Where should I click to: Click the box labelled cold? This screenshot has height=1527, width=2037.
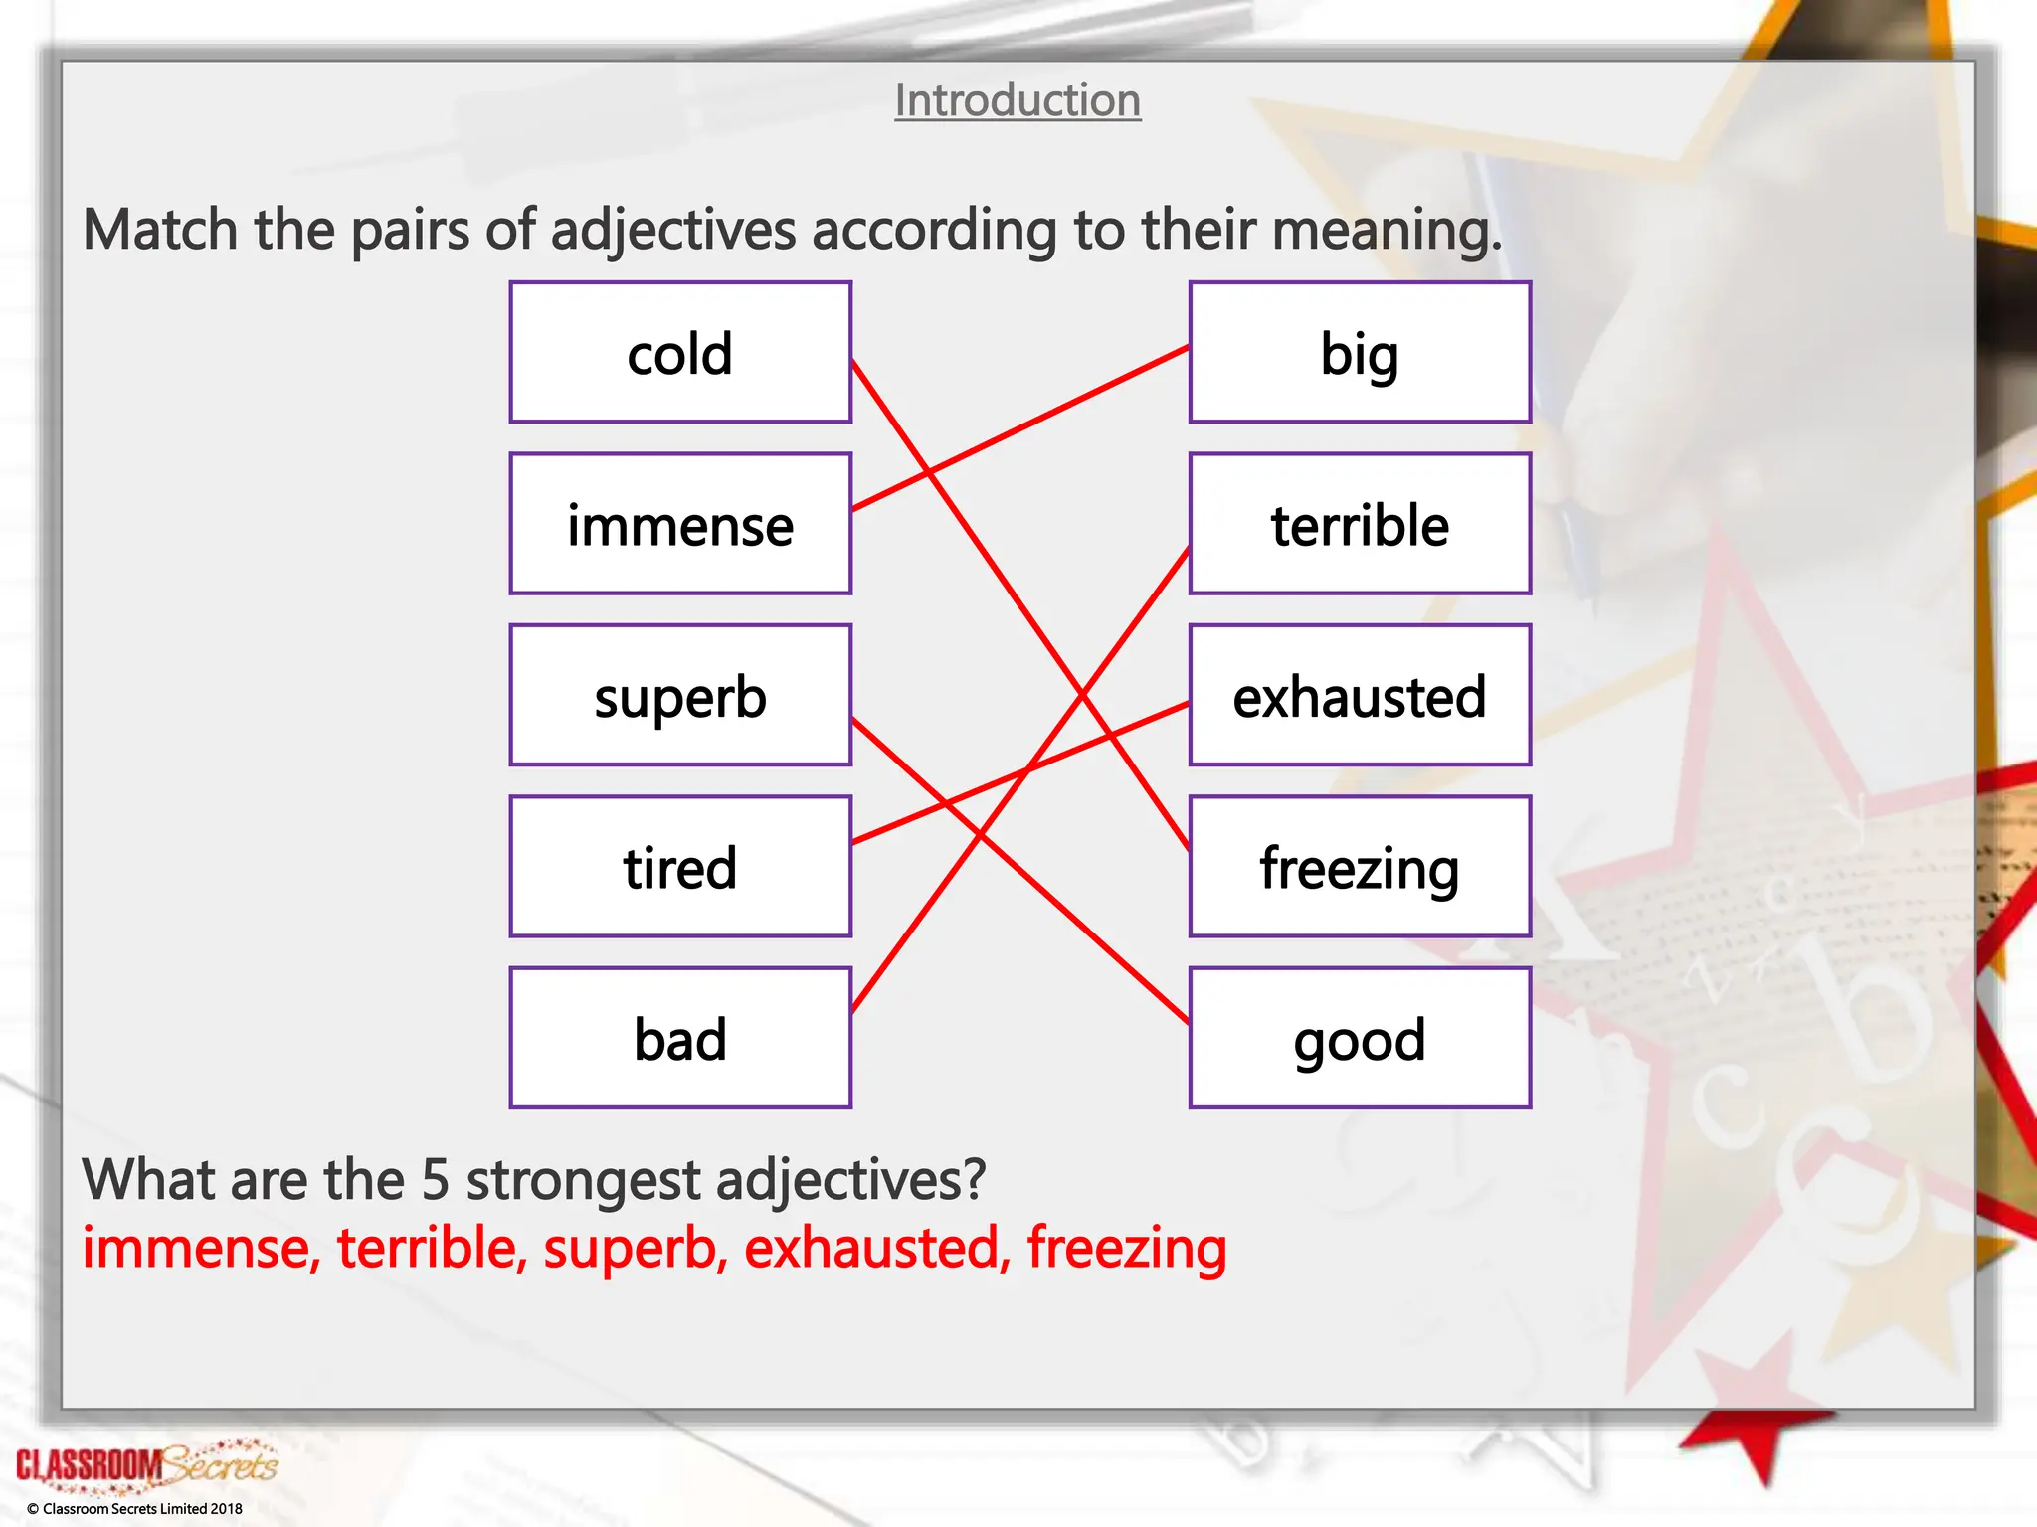(x=680, y=353)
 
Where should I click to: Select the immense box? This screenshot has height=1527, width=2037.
(x=680, y=524)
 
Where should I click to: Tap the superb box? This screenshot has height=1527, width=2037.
(x=680, y=695)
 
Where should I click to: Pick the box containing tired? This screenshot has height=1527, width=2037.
(x=680, y=866)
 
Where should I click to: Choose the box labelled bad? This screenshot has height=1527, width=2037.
(x=680, y=1038)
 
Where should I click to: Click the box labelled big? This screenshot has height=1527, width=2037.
(x=1360, y=353)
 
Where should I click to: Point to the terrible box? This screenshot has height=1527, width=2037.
(x=1360, y=524)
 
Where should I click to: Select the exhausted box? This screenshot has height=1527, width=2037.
(x=1360, y=695)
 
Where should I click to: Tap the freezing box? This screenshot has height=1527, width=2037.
(x=1360, y=866)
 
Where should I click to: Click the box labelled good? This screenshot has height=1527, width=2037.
(x=1360, y=1038)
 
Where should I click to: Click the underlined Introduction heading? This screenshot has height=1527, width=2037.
(x=1018, y=100)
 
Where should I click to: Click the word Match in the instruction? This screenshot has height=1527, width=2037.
(x=160, y=230)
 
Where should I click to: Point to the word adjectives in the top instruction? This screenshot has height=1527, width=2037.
(x=673, y=230)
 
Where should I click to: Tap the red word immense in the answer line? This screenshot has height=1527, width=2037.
(x=200, y=1248)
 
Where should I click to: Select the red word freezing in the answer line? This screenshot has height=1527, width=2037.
(x=1127, y=1250)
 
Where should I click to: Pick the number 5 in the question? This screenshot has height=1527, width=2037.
(x=436, y=1180)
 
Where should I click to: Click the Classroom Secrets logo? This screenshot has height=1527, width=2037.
(x=146, y=1464)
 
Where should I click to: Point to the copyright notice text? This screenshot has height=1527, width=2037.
(x=134, y=1508)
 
